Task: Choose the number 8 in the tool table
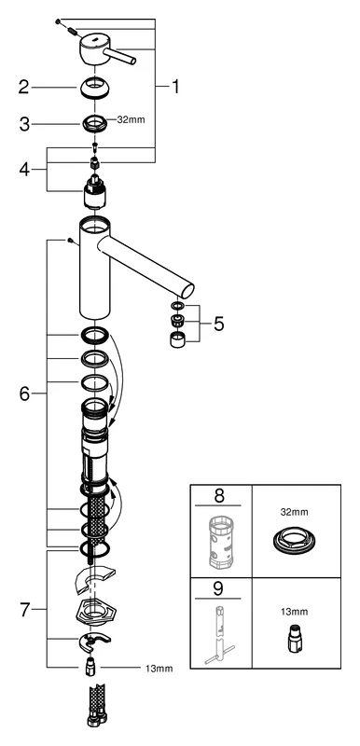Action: [219, 494]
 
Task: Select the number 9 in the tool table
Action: [219, 588]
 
